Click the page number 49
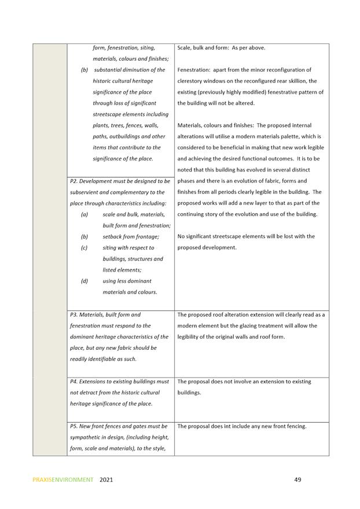(297, 479)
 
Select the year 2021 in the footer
(106, 480)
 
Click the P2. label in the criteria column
(74, 181)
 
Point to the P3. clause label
(74, 315)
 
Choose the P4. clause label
(74, 382)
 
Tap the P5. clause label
(74, 426)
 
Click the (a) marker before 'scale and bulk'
(85, 214)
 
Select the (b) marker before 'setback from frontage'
(85, 236)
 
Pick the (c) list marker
(85, 248)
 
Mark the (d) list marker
(85, 281)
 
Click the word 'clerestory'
(192, 81)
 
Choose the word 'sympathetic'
(87, 437)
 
